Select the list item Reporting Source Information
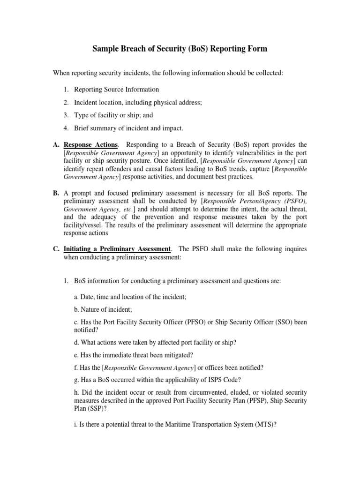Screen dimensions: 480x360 [116, 89]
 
